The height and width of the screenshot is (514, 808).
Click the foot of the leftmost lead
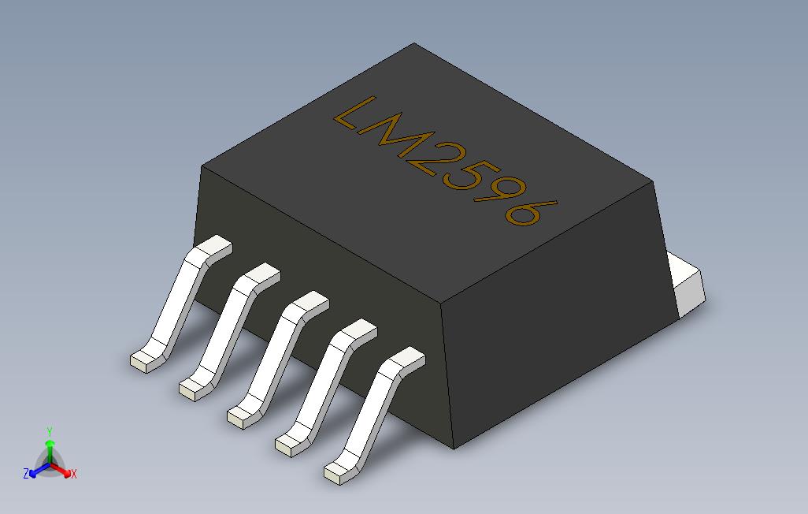[142, 361]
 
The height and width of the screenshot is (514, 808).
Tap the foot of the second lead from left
[191, 387]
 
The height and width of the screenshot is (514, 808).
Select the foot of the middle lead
[239, 417]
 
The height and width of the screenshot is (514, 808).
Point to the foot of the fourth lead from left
[287, 446]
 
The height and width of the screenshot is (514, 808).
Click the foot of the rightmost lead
[336, 473]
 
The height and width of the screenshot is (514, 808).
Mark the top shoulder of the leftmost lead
[213, 248]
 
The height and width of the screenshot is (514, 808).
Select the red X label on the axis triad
[73, 474]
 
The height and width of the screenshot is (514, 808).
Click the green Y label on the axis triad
[50, 431]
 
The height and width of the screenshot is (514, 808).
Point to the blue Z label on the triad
[26, 474]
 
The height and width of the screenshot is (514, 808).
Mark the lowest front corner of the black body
[454, 448]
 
